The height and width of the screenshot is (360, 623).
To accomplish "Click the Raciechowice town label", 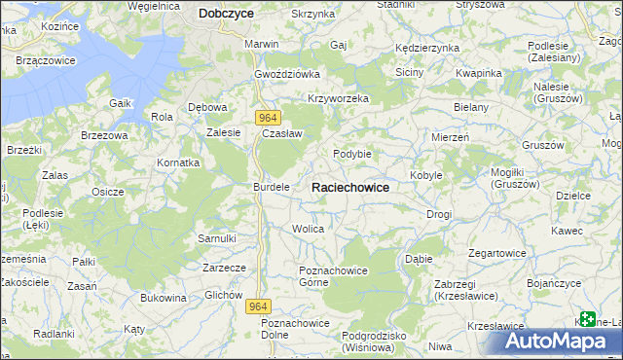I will pyautogui.click(x=350, y=187).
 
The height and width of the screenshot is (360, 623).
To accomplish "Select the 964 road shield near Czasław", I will pyautogui.click(x=270, y=118).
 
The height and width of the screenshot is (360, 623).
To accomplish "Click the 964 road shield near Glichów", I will pyautogui.click(x=257, y=306).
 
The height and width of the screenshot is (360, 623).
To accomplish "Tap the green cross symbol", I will pyautogui.click(x=587, y=318).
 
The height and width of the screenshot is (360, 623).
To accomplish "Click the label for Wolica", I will pyautogui.click(x=308, y=229).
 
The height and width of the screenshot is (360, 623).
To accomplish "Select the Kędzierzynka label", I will pyautogui.click(x=426, y=48).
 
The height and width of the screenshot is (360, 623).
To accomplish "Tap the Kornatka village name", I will pyautogui.click(x=179, y=162).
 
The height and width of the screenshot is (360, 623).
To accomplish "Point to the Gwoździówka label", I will pyautogui.click(x=287, y=74).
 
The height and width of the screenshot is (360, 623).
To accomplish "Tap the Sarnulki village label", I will pyautogui.click(x=217, y=237).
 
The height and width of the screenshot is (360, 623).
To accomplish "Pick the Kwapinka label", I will pyautogui.click(x=478, y=74).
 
